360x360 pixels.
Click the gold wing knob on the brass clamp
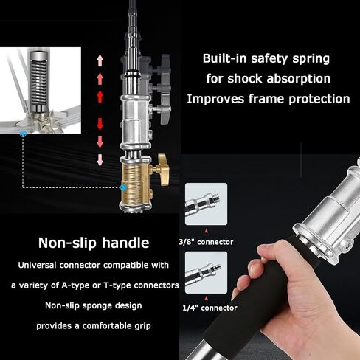point(163,170)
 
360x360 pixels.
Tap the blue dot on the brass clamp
point(123,187)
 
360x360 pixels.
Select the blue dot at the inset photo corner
point(23,134)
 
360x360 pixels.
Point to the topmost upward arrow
point(100,60)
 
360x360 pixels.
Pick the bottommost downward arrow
point(100,160)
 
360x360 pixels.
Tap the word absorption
point(299,79)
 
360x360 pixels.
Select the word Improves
point(215,99)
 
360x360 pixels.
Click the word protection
point(319,99)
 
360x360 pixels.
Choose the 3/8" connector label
point(206,242)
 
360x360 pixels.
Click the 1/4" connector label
point(210,308)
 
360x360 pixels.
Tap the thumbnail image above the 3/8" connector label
point(206,204)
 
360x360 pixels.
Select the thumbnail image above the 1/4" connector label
point(206,272)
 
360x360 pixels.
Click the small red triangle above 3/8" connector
point(207,231)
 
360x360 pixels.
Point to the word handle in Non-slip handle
point(125,243)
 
